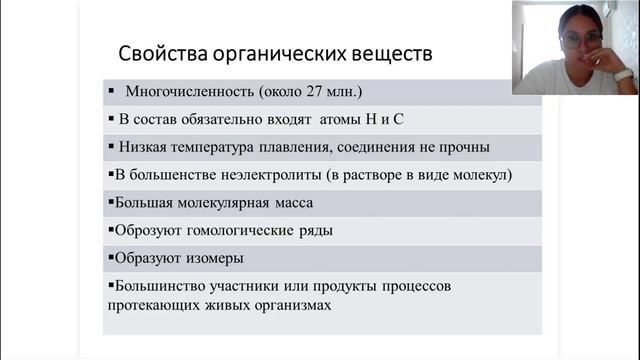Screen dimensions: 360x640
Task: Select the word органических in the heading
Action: click(x=271, y=53)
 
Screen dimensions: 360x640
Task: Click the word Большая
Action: click(x=147, y=203)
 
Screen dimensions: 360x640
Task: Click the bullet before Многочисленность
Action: click(x=112, y=91)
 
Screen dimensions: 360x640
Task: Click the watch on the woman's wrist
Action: click(x=623, y=75)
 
